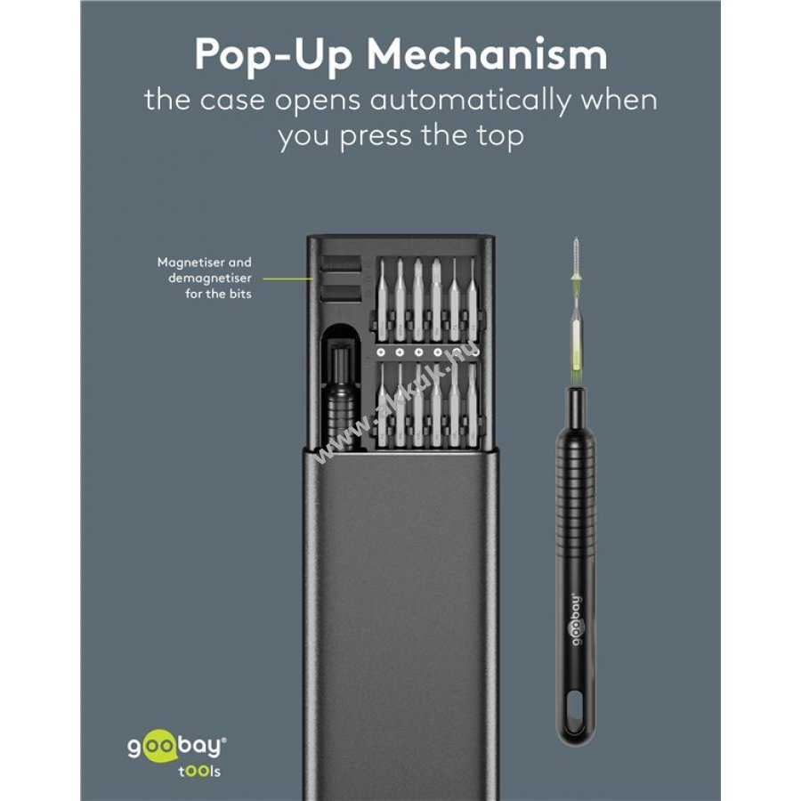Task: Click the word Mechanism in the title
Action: pos(487,54)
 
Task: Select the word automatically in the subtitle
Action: pos(469,101)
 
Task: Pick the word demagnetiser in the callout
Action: pos(210,279)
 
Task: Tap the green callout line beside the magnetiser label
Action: pos(287,279)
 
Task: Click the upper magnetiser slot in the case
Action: pos(341,263)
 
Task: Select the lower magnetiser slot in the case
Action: pos(341,293)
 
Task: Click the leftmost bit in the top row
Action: pos(382,301)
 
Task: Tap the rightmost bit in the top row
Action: pos(472,301)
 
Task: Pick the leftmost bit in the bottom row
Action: pos(382,406)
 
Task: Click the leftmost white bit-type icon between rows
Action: pos(381,352)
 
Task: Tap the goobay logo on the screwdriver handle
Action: pos(576,619)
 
